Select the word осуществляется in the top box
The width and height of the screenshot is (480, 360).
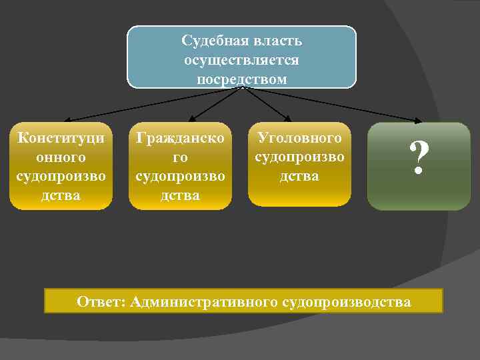[241, 60]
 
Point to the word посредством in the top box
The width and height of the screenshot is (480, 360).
[241, 79]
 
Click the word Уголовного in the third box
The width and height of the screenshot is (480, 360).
[299, 138]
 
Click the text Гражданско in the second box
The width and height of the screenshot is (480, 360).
[180, 138]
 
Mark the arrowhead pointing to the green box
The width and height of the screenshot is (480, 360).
[418, 121]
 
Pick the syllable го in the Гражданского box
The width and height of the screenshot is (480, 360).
[180, 157]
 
